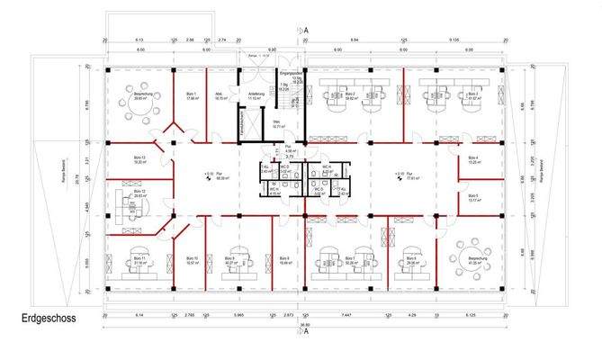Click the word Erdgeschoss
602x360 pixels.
coord(48,319)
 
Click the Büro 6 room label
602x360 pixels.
coord(412,261)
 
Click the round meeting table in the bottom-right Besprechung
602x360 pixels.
coord(473,254)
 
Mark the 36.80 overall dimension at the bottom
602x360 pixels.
coord(304,326)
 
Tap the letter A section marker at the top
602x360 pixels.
coord(305,29)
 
